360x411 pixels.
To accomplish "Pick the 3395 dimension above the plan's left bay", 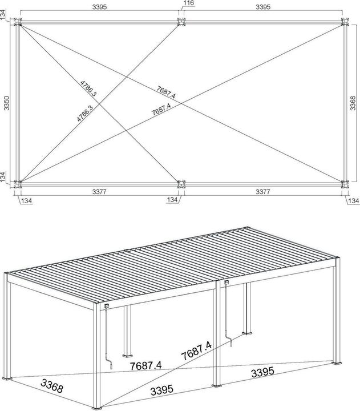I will point(100,7).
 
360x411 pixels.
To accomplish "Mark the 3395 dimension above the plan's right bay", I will point(263,7).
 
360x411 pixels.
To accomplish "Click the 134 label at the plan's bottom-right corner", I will point(353,200).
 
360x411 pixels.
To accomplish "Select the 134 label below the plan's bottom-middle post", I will point(172,200).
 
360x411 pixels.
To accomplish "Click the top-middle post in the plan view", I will point(182,23).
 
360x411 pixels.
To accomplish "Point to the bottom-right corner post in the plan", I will point(345,184).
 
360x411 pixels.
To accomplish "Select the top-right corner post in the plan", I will point(345,23).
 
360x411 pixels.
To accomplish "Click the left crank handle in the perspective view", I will point(110,364).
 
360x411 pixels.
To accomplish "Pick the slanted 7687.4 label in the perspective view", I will point(196,349).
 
